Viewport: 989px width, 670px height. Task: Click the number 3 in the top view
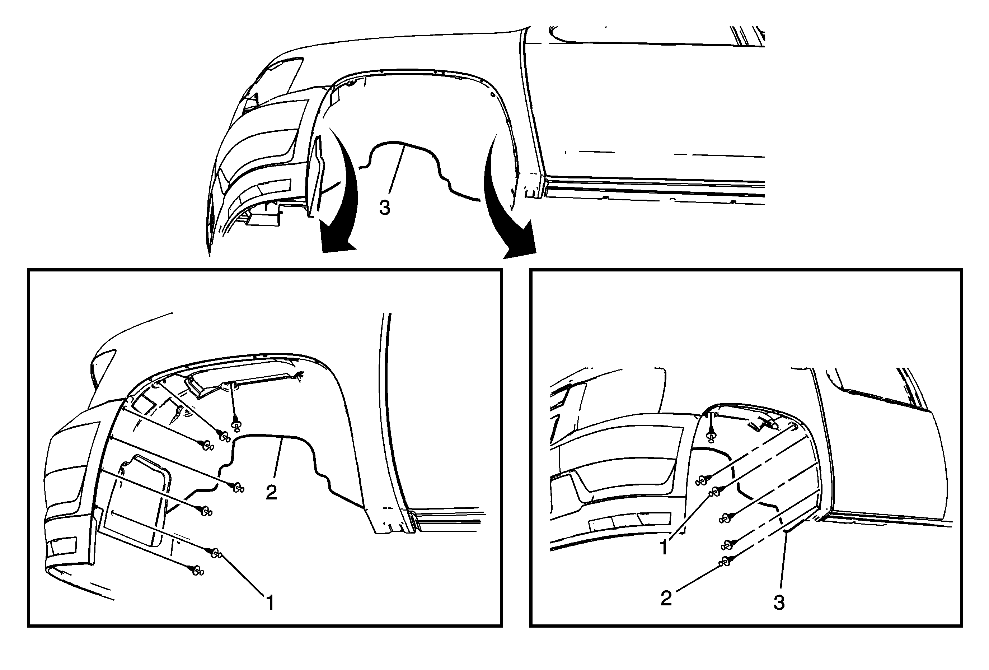[x=384, y=208]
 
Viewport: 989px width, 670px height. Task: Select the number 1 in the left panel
[x=269, y=603]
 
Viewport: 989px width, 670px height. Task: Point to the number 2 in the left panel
[x=271, y=493]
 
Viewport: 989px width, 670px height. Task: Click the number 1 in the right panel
[x=664, y=548]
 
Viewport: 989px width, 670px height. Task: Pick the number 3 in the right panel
[x=779, y=603]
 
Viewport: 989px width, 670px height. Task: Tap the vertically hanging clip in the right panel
[x=710, y=436]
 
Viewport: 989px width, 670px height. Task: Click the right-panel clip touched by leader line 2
[x=726, y=562]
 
